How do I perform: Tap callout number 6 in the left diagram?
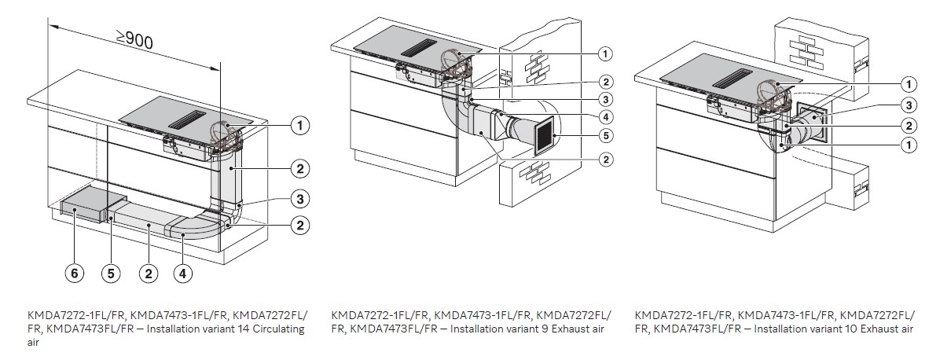coord(73,273)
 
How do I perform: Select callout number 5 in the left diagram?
coord(110,273)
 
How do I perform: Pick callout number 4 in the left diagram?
coord(183,273)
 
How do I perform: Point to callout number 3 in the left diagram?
coord(299,197)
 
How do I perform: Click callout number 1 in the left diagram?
coord(299,124)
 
